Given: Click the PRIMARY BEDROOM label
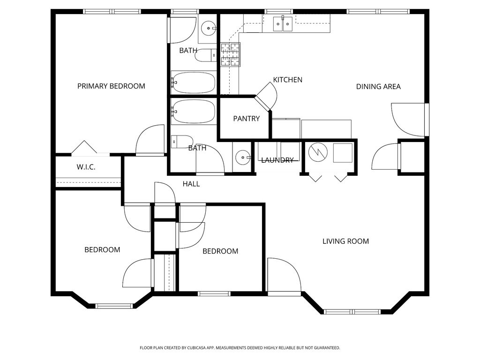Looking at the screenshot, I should point(111,86).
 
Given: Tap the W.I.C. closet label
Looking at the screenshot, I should point(86,167).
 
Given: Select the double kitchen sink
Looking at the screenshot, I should point(283,23).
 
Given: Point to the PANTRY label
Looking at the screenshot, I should point(246,119).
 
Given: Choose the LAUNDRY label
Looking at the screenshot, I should point(277,160).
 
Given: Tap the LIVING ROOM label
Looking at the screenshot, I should point(345,241).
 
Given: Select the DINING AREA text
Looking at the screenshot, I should point(378,86).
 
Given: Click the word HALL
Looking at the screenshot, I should point(191,184).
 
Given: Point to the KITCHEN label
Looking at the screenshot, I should point(288,80).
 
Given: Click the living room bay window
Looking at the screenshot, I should point(352,312).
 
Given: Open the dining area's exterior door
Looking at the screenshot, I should point(410,120).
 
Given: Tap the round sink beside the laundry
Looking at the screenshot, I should point(243,157).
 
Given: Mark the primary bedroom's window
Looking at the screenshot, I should point(112,11).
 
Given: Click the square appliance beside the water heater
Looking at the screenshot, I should point(343,153).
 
